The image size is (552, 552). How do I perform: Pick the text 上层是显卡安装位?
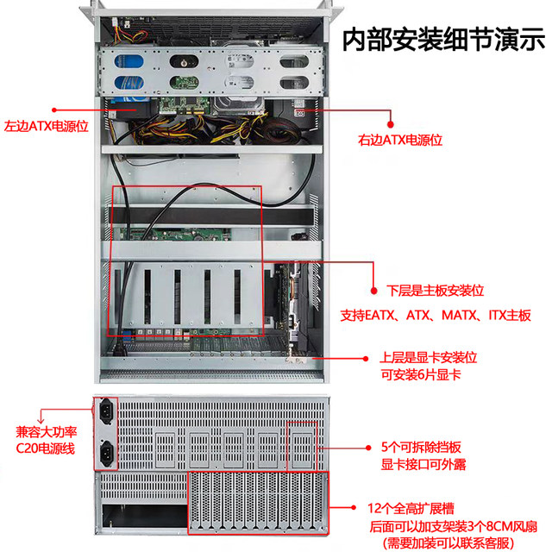pos(429,356)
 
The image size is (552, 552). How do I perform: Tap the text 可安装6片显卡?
pos(420,373)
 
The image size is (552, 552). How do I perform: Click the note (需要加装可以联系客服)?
pos(445,543)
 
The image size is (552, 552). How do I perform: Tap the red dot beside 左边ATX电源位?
pos(53,110)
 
